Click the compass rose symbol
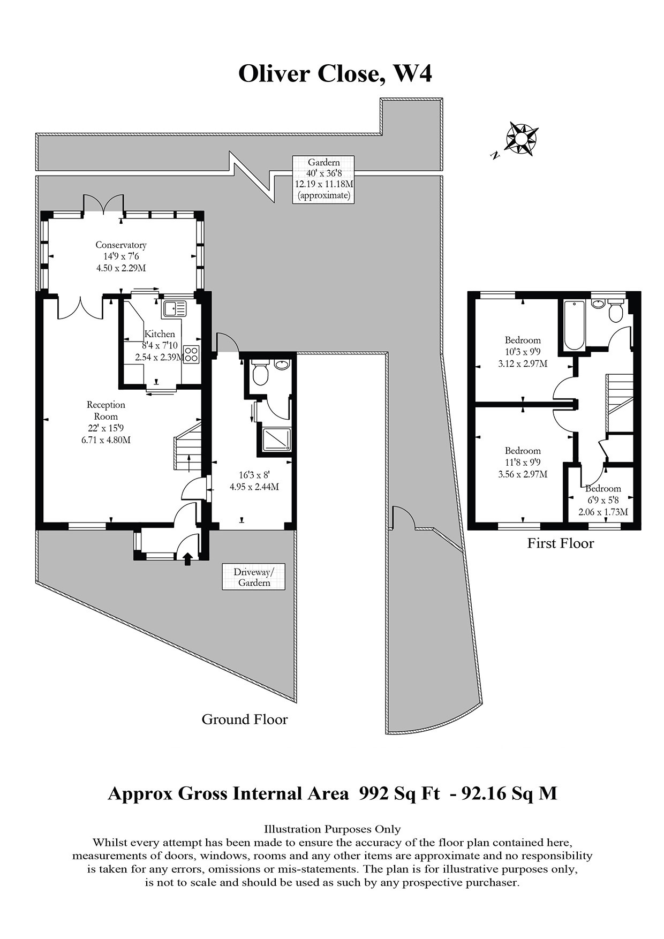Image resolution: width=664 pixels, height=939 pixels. click(x=521, y=138)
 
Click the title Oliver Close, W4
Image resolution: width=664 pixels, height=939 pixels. click(x=335, y=73)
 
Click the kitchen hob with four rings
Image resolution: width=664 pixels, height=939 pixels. click(x=191, y=354)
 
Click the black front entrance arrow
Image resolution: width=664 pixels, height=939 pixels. click(x=187, y=559)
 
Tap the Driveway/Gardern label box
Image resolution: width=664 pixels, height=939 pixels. click(x=254, y=577)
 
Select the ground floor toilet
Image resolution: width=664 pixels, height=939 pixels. click(x=260, y=374)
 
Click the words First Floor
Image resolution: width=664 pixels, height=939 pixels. click(x=561, y=543)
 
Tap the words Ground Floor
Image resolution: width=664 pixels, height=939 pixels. click(x=244, y=719)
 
